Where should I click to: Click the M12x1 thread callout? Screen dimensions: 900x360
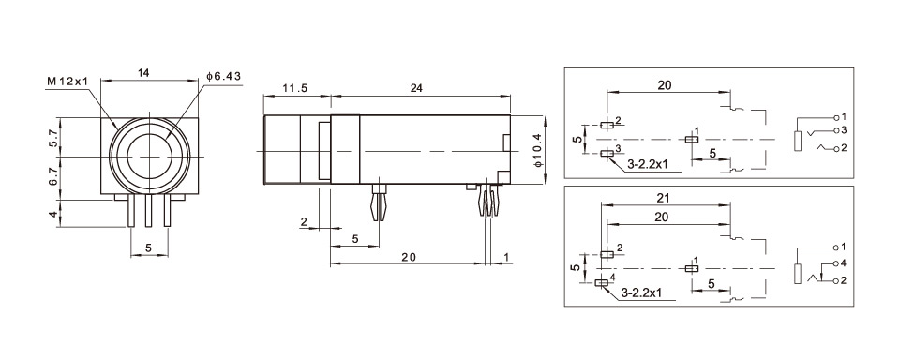(x=68, y=82)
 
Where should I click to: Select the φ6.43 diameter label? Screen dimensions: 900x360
(x=223, y=76)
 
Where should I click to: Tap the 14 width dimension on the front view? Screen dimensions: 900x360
(x=143, y=72)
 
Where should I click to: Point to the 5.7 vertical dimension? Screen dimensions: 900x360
(x=52, y=138)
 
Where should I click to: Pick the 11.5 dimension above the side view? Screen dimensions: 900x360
(x=296, y=88)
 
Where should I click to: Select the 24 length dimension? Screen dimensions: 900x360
(x=416, y=88)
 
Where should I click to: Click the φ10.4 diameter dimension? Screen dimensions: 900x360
(x=536, y=150)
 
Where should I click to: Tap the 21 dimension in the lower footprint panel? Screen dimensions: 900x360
(x=663, y=198)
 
